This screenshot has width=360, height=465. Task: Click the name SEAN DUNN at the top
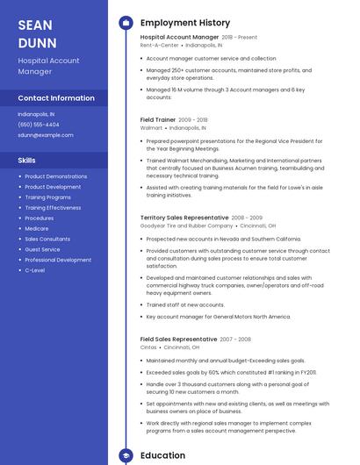click(37, 33)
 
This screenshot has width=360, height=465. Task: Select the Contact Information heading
click(56, 98)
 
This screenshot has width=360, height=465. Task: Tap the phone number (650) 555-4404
click(39, 125)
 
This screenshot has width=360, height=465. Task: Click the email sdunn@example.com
click(46, 135)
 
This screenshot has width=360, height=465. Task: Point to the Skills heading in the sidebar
click(27, 161)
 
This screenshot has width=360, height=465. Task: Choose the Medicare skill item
click(37, 228)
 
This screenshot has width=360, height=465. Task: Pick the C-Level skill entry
click(35, 270)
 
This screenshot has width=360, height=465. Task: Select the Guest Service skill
click(42, 249)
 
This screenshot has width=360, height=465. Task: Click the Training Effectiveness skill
click(53, 208)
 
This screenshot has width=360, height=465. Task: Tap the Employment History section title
click(184, 23)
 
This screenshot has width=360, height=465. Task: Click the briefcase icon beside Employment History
click(126, 23)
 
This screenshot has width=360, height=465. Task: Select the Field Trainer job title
click(157, 119)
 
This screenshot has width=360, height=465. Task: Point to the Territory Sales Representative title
click(184, 217)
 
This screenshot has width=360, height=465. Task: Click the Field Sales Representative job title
click(178, 339)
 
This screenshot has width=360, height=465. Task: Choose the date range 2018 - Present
click(240, 38)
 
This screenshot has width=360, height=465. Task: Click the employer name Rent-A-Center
click(159, 45)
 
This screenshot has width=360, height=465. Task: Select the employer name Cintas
click(148, 347)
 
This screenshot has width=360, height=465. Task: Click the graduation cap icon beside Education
click(126, 455)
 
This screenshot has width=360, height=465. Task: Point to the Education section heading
click(162, 455)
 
